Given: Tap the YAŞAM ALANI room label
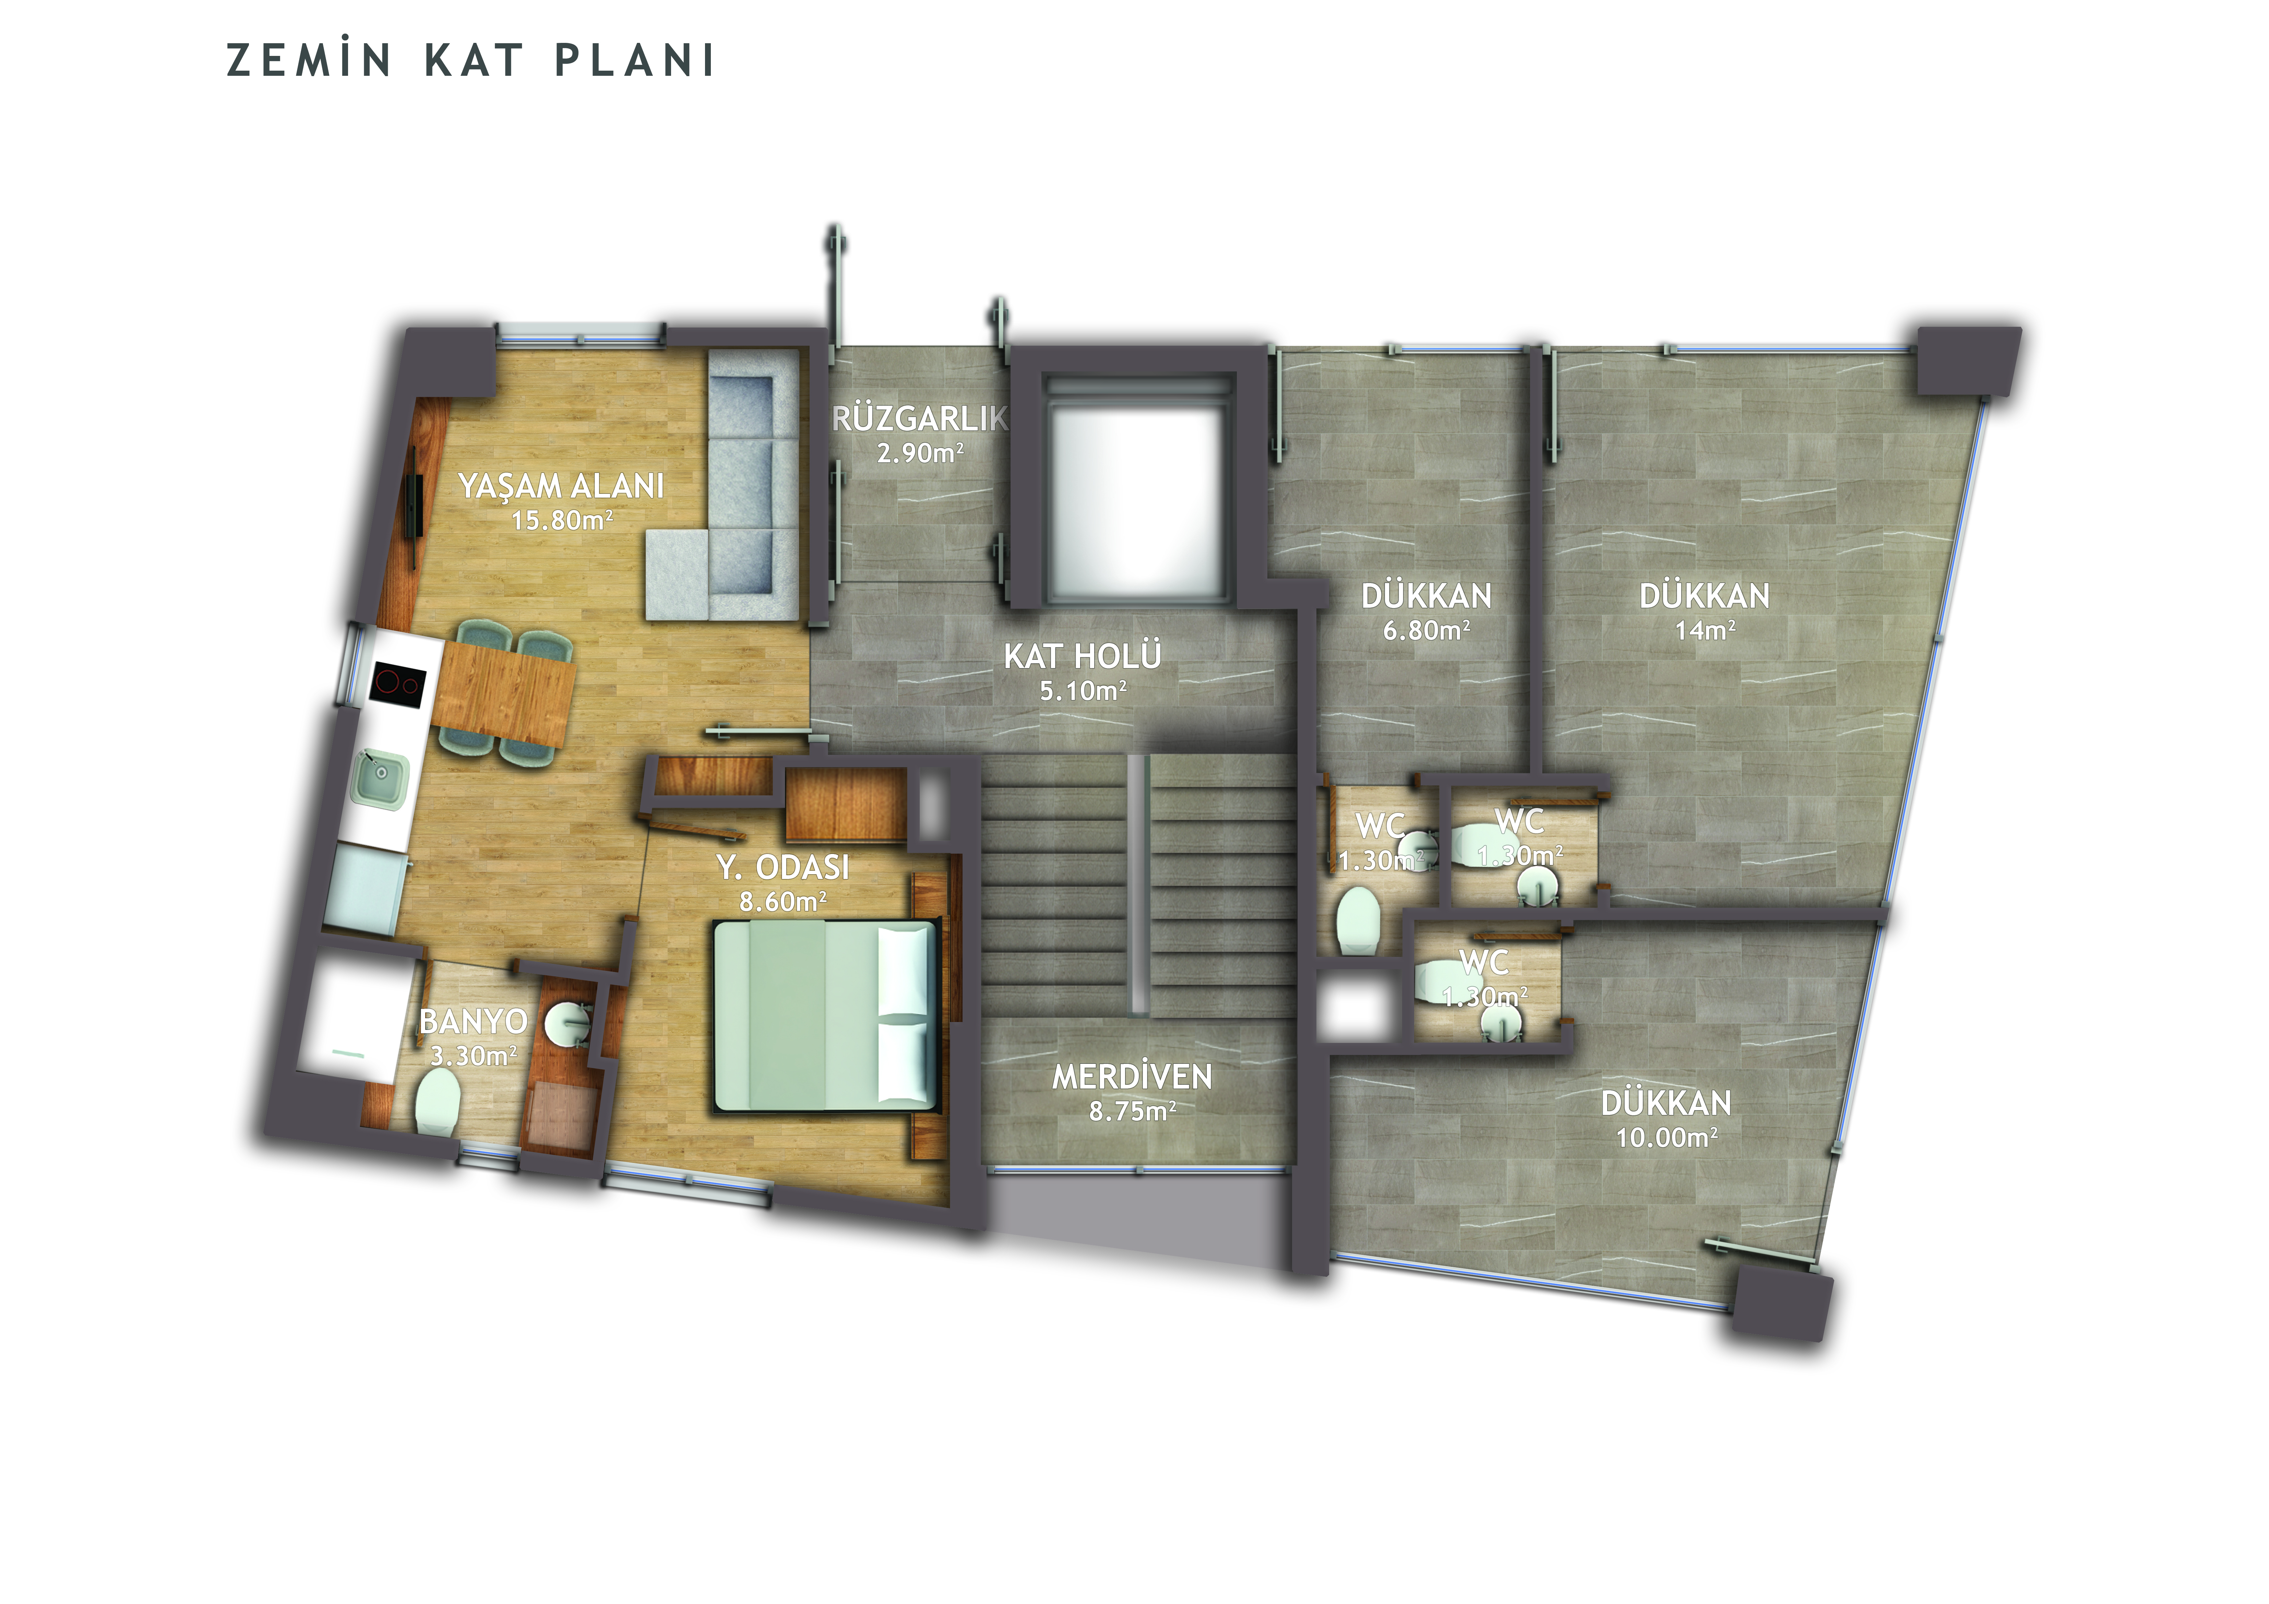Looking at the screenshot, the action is pos(561,486).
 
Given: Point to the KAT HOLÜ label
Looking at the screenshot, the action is pos(1082,656).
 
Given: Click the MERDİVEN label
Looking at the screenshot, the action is pos(1132,1076).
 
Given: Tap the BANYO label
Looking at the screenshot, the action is pos(473,1021).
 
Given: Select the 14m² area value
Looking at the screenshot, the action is pos(1705,630).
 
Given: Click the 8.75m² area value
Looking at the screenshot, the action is pos(1133,1111).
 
